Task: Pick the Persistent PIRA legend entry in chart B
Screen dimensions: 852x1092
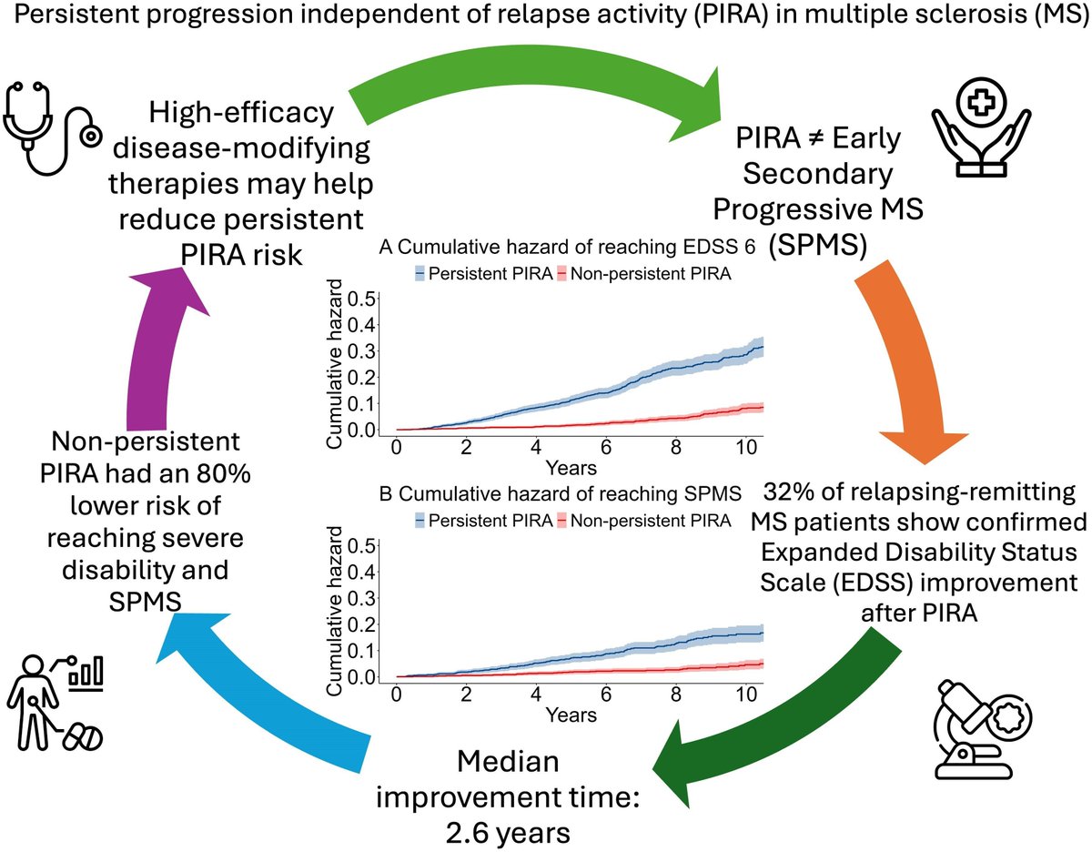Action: click(481, 520)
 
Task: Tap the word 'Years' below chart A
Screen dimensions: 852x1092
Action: click(571, 468)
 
